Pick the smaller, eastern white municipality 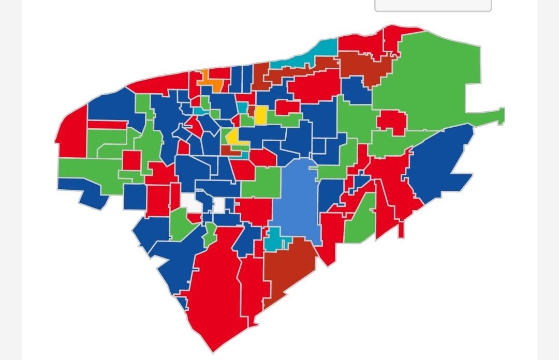[x=219, y=205]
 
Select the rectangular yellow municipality [x=261, y=115]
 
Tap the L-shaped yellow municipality [x=232, y=138]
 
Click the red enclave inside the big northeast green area [x=391, y=122]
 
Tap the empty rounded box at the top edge [x=433, y=5]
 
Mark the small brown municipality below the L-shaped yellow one [x=230, y=150]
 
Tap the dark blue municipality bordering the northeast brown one [x=356, y=89]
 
